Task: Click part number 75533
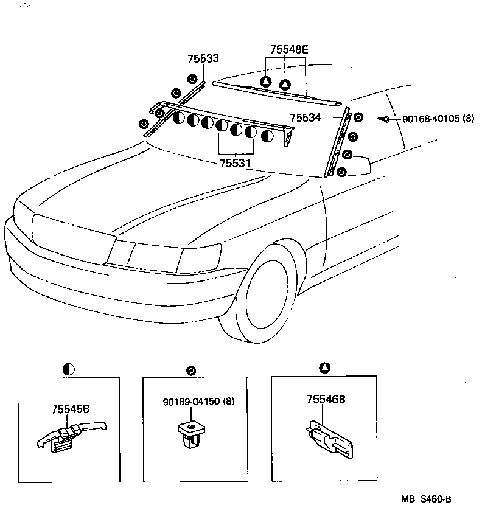203,59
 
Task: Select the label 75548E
289,50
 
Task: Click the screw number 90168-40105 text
438,119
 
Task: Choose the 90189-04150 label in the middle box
199,402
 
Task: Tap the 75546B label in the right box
326,400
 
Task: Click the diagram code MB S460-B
426,499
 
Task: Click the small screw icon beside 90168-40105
385,119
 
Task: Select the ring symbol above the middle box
192,369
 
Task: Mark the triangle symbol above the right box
324,367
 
